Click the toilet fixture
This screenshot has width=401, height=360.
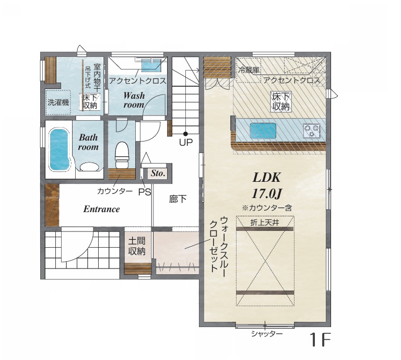(121, 155)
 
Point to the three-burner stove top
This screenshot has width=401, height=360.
(312, 130)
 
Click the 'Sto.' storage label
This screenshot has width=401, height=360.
(158, 173)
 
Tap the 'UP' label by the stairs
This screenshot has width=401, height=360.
(186, 142)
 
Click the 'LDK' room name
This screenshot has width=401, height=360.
(266, 177)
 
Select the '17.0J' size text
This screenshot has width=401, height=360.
(266, 194)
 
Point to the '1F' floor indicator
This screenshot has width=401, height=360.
(320, 339)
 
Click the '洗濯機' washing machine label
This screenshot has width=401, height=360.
(58, 102)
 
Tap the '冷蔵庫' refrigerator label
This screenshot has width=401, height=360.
(249, 69)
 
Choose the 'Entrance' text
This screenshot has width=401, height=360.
(101, 209)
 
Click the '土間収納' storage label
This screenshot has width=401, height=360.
(137, 246)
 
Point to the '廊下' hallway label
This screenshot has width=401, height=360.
(178, 199)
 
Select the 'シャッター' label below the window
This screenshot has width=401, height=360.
(267, 334)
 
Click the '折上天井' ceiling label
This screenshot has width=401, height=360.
(264, 223)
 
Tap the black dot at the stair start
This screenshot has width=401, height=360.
(185, 134)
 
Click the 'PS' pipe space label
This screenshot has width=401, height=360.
(145, 192)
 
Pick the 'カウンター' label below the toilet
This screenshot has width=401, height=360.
(115, 191)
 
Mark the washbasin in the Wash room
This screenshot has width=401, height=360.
(151, 66)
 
